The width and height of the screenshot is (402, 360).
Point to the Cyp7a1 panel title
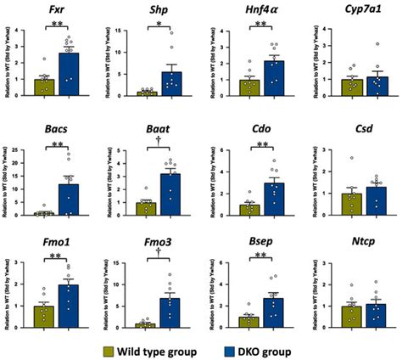point(360,9)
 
